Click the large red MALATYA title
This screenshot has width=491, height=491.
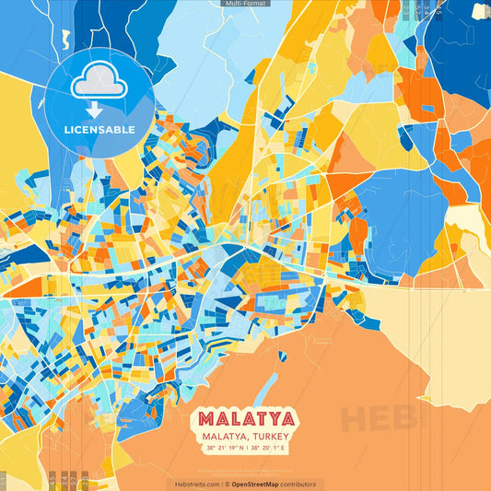(245, 419)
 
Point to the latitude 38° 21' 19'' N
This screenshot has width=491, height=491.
(223, 448)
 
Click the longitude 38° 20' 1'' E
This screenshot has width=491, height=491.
(269, 448)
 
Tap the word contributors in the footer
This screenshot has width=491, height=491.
(298, 484)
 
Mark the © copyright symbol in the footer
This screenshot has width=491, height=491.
(227, 484)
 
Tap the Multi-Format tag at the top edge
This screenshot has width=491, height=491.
(245, 4)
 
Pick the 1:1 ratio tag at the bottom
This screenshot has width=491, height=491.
(4, 480)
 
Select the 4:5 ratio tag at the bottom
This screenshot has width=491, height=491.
(52, 480)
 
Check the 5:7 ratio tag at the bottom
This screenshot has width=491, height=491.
(74, 480)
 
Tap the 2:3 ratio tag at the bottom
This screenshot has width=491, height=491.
(85, 480)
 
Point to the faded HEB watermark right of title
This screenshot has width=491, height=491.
(378, 419)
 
